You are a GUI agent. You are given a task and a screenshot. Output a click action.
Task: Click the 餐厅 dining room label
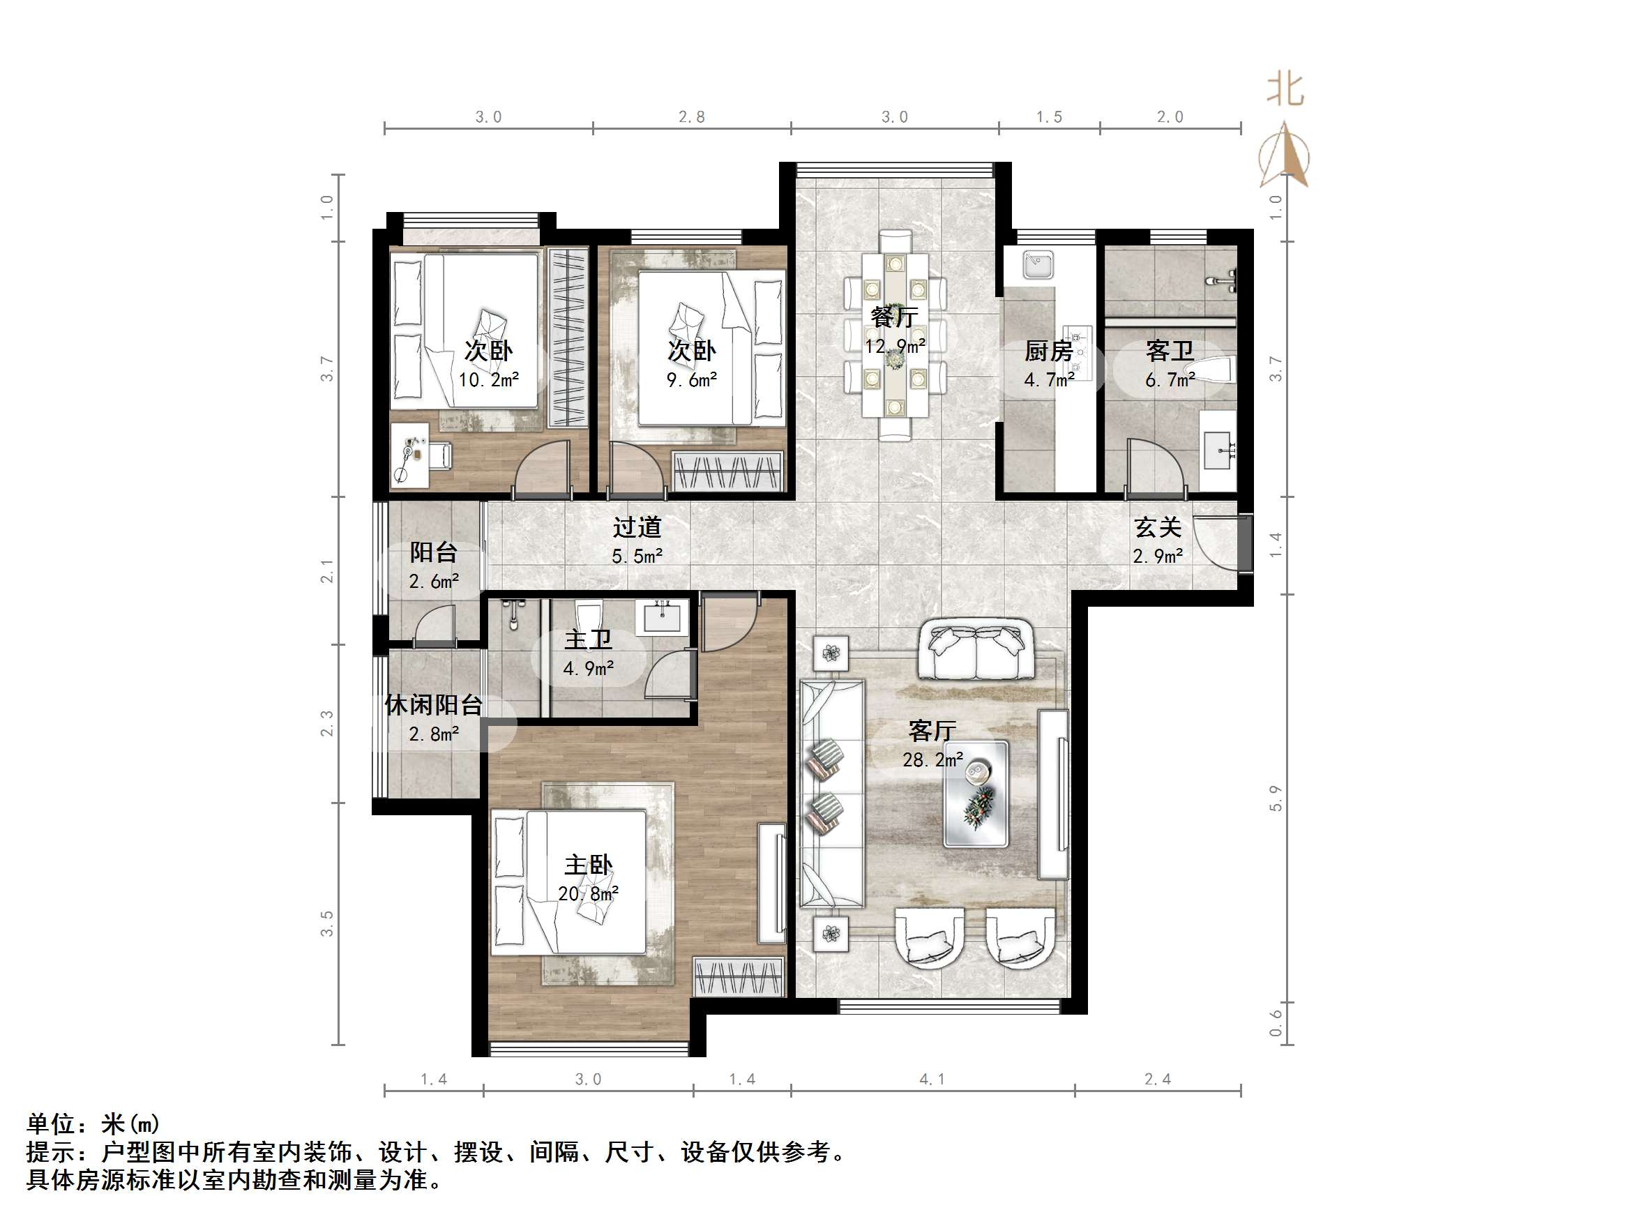(894, 317)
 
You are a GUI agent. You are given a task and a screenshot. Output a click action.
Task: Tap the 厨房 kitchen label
(1048, 351)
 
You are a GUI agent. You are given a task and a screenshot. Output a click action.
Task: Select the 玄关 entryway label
(1157, 528)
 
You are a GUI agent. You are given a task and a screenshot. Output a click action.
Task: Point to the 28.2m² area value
(932, 759)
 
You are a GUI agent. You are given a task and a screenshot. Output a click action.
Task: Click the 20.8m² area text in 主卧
(588, 894)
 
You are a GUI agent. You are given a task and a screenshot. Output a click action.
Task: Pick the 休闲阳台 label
(433, 706)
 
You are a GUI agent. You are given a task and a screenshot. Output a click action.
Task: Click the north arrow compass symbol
(1284, 156)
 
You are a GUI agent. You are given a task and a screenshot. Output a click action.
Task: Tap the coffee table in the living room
(976, 794)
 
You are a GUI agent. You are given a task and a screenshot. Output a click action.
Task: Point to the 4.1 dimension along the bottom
(932, 1080)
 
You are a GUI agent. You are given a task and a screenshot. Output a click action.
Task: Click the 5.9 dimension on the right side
(1276, 798)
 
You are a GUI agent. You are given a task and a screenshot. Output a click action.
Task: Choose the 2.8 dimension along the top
(691, 117)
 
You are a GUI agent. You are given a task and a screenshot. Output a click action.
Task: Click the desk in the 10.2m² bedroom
(409, 455)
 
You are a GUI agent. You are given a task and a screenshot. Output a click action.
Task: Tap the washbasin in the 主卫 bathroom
(665, 616)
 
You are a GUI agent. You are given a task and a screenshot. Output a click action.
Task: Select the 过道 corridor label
(637, 528)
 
